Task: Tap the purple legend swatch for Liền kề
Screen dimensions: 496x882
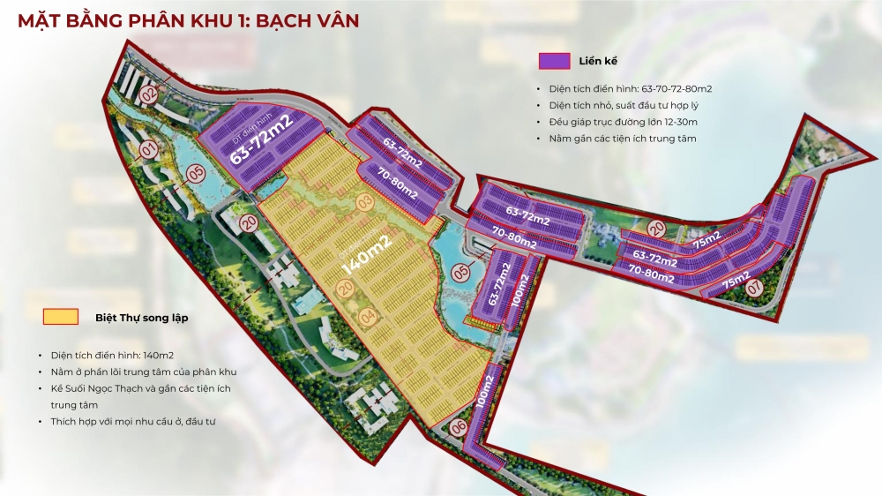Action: [x=554, y=61]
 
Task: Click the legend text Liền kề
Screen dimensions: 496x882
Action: [x=598, y=61]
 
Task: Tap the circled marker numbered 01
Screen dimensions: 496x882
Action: [x=147, y=147]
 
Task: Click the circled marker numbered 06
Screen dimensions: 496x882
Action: [x=458, y=427]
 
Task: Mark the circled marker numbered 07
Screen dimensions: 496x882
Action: [x=754, y=287]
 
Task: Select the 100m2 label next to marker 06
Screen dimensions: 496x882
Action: [x=484, y=387]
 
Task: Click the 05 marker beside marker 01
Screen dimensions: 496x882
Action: [x=194, y=173]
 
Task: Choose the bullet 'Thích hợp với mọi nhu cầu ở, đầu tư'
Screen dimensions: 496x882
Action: [x=132, y=422]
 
